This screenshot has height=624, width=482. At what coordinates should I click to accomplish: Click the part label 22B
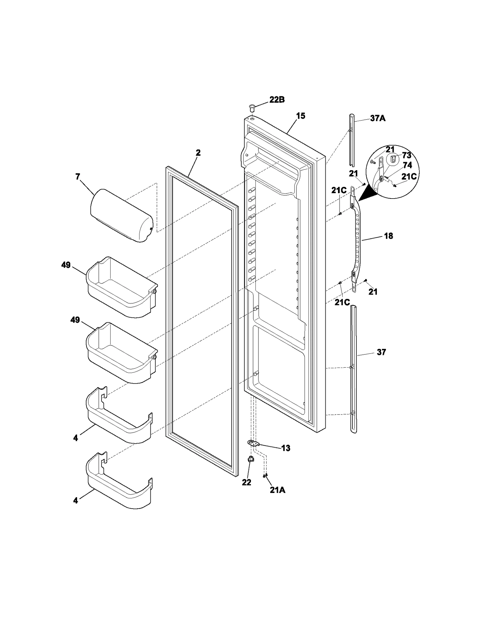pos(277,100)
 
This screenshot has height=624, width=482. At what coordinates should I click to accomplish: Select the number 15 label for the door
pos(300,116)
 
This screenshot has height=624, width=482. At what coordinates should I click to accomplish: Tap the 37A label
pos(378,118)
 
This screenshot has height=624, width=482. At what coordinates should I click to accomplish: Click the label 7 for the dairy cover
pos(78,177)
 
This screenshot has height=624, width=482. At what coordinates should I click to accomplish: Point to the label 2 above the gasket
pos(198,153)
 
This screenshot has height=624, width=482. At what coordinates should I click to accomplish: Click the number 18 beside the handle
pos(389,236)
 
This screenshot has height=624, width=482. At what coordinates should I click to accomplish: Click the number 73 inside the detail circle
pos(406,155)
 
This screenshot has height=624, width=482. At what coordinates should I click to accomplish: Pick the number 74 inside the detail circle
pos(407,165)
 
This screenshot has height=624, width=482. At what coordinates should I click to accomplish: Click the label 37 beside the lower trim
pos(381,352)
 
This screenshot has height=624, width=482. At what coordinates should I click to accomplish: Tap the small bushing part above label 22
pos(250,468)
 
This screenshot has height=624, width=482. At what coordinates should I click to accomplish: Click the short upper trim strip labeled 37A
pos(352,140)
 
